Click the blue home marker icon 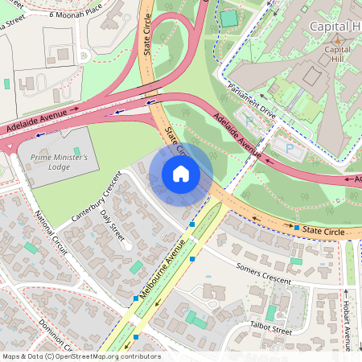coord(181,174)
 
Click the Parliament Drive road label coord(252,101)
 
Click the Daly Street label coord(113,224)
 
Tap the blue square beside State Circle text coord(297,228)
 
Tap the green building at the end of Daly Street coord(136,266)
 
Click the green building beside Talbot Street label coord(272,312)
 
